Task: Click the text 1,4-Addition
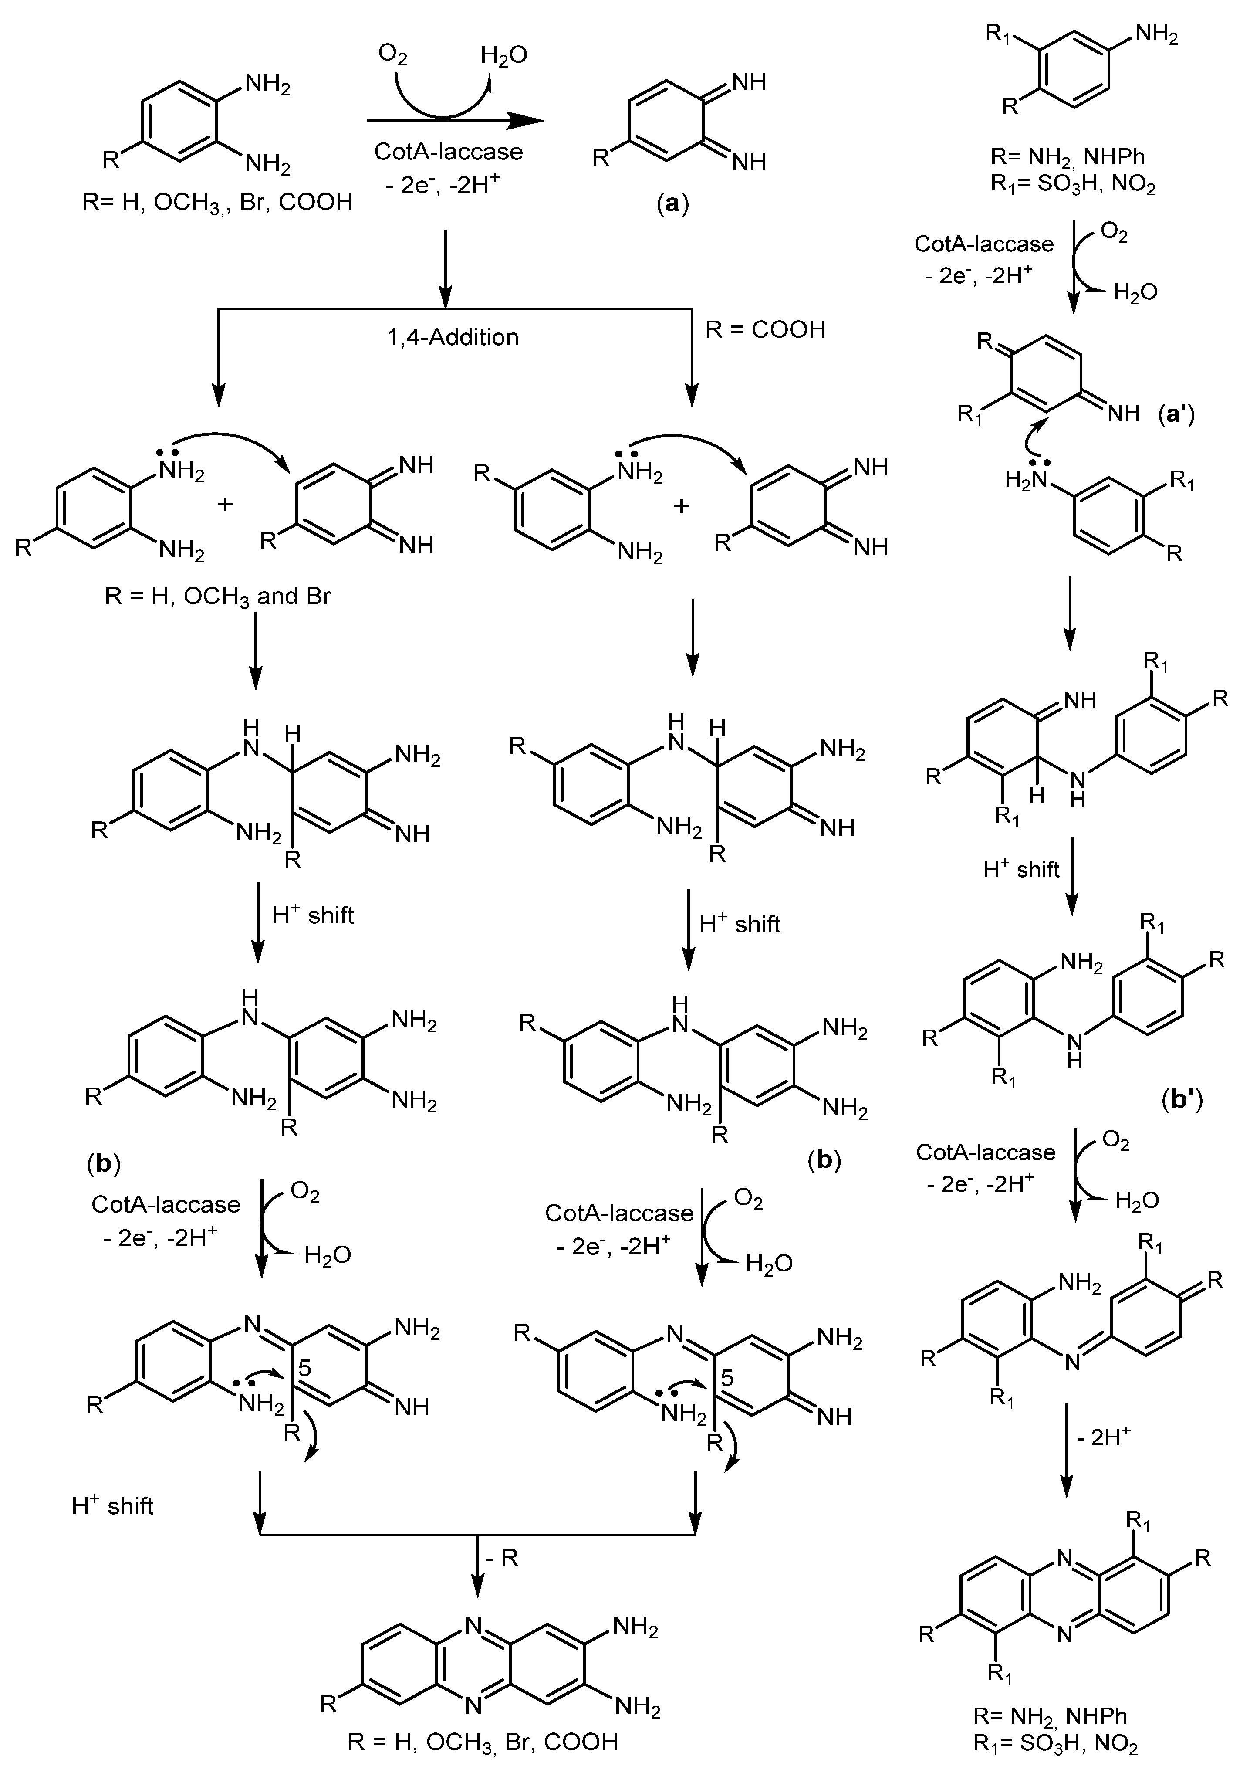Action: coord(453,337)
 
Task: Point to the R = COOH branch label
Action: coord(765,329)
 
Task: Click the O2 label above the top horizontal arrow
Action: coord(392,55)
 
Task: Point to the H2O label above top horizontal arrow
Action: coord(504,55)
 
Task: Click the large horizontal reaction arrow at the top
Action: coord(454,120)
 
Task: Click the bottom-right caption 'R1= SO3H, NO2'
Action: coord(1055,1745)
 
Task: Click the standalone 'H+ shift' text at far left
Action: coord(112,1506)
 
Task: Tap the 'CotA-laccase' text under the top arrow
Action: coord(448,152)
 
